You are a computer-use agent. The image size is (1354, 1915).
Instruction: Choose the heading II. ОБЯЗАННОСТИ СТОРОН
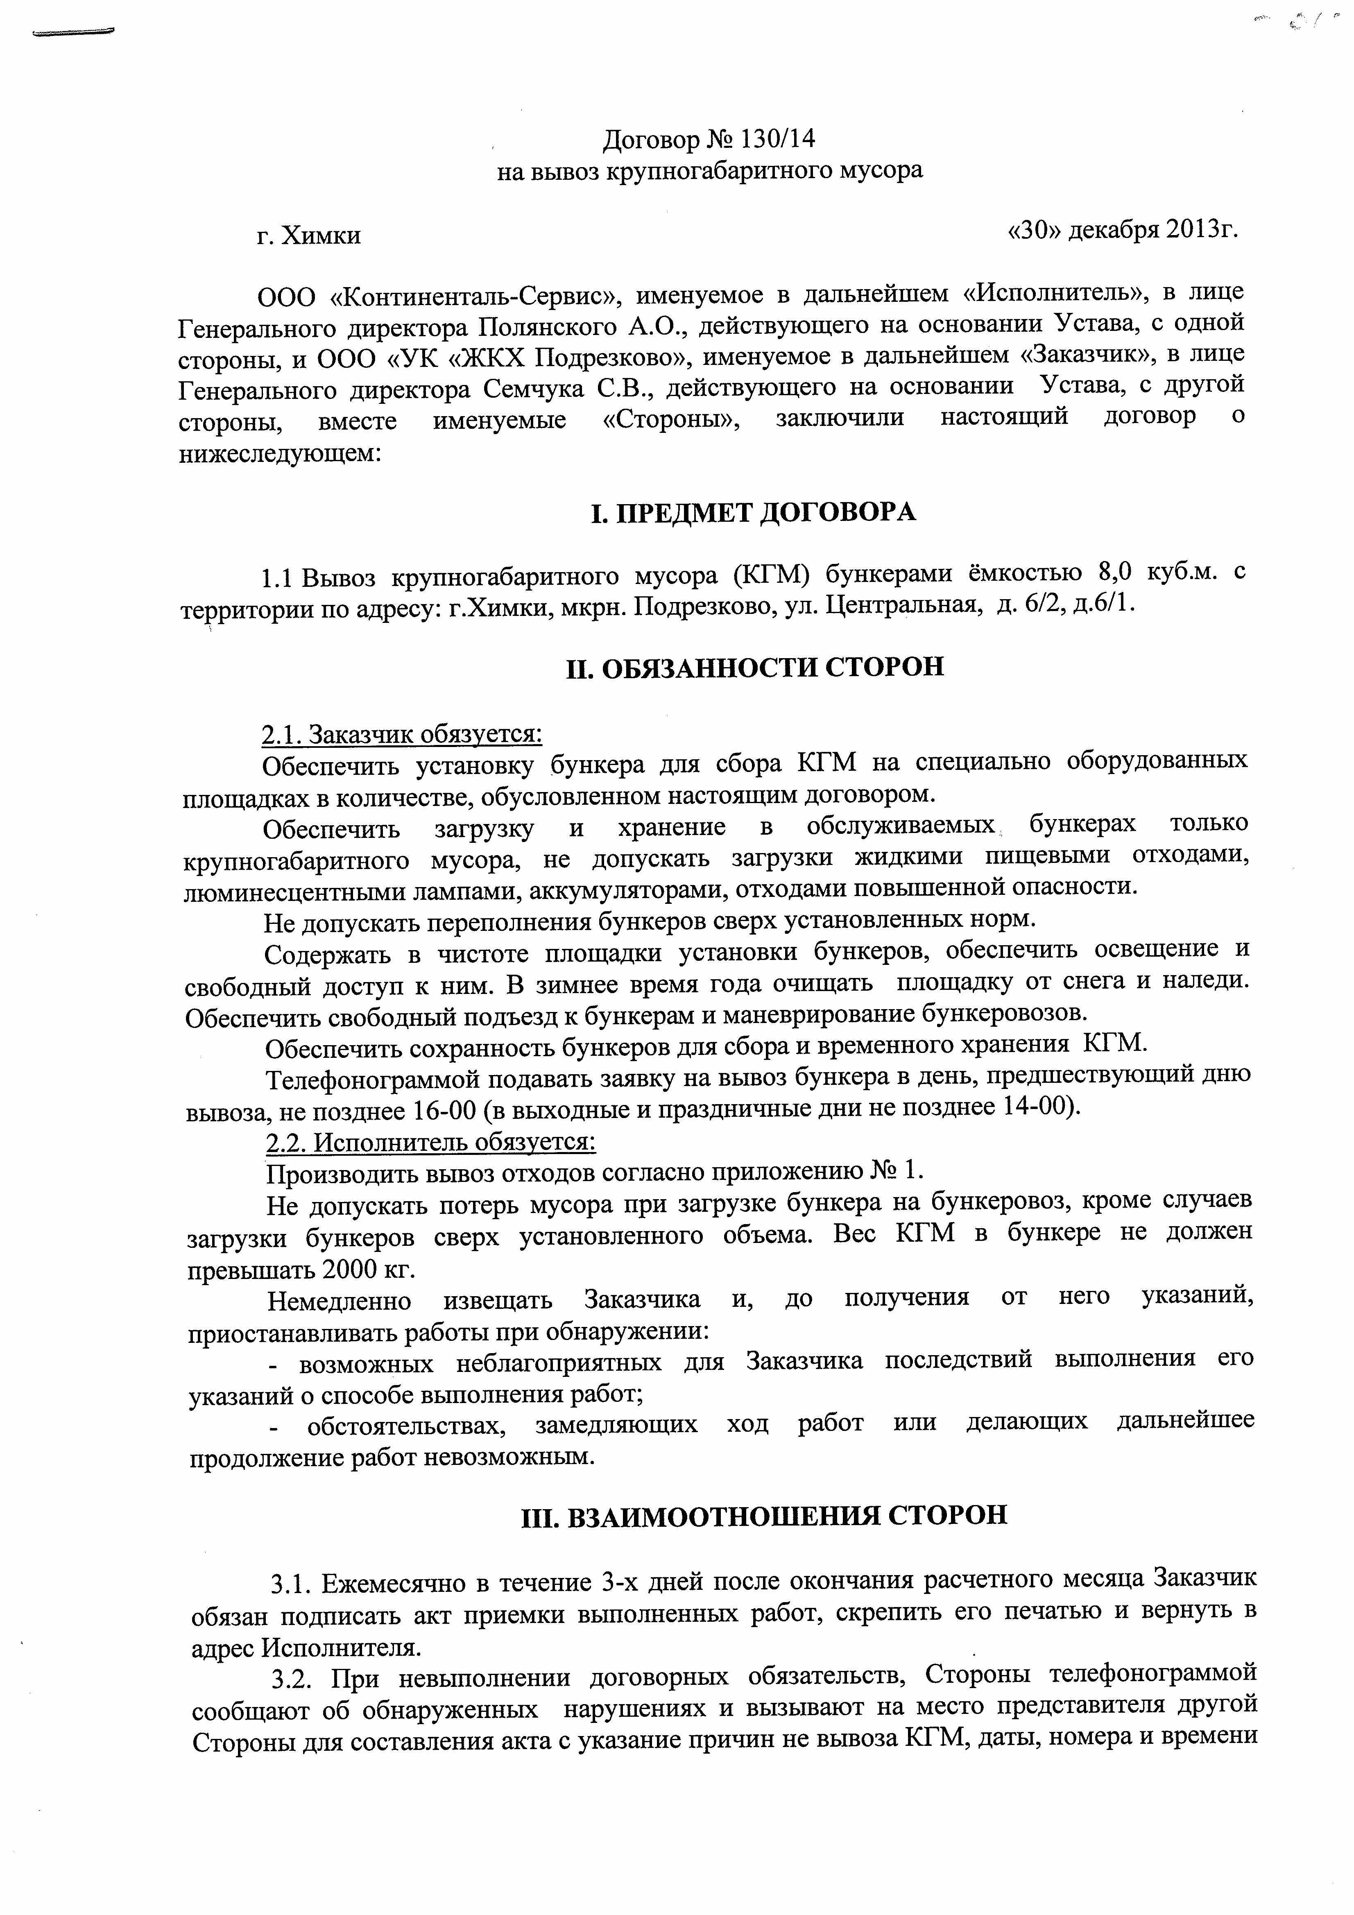pos(755,667)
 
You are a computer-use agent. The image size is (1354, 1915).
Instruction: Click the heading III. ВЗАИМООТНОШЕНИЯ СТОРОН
pos(763,1514)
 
